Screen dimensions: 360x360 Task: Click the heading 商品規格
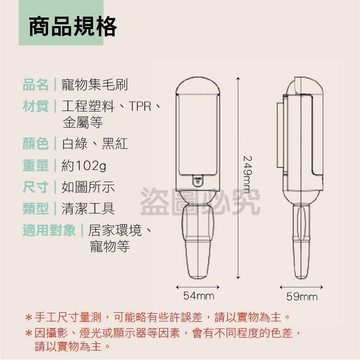point(73,27)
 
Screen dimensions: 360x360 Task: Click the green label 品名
point(36,84)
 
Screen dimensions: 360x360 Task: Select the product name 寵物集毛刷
point(95,84)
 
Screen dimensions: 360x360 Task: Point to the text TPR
point(140,107)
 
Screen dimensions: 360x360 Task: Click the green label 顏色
point(36,143)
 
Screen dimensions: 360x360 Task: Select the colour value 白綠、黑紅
point(95,143)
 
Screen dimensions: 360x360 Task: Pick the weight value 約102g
point(84,166)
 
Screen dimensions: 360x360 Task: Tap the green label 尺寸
point(36,187)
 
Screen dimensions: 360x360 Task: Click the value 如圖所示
point(88,187)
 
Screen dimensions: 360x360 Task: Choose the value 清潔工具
point(88,208)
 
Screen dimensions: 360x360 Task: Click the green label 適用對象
point(49,231)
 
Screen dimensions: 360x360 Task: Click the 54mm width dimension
point(199,296)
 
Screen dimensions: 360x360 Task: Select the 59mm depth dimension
point(302,297)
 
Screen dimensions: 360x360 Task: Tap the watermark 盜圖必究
point(200,202)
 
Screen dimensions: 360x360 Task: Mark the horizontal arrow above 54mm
point(198,287)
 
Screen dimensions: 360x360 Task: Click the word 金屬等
point(83,122)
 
